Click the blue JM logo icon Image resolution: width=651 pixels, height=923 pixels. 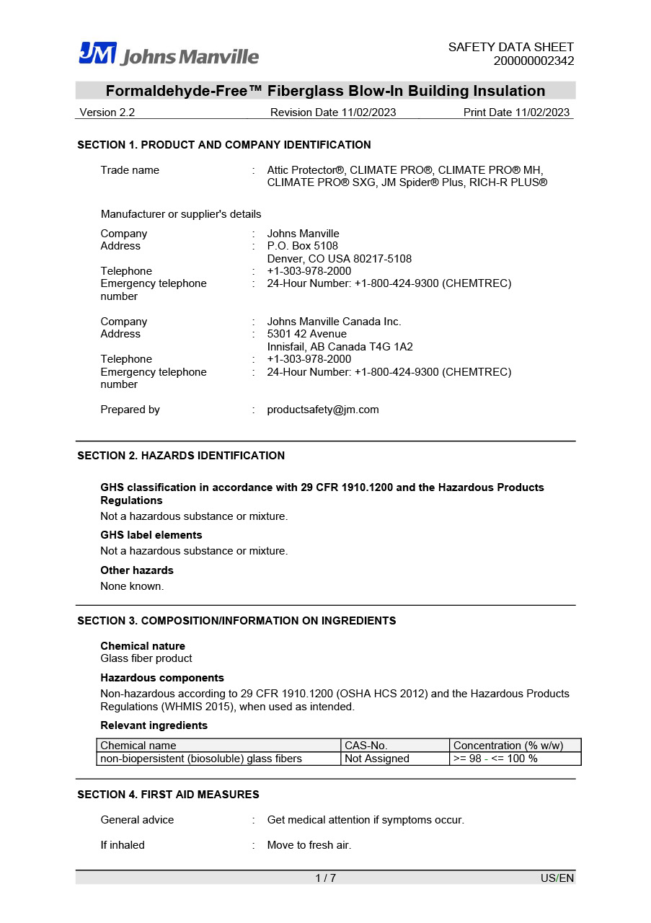point(97,53)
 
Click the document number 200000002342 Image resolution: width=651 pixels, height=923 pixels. point(533,61)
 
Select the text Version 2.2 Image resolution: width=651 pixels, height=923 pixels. point(107,112)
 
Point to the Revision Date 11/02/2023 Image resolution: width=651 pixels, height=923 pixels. point(333,112)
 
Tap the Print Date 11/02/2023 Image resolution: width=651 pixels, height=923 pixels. point(516,112)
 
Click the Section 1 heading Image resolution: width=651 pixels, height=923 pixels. point(224,145)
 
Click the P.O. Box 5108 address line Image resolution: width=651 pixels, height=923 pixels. point(302,246)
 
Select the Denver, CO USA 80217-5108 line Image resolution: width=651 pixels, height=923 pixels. point(339,259)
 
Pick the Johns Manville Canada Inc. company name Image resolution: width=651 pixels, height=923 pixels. point(334,322)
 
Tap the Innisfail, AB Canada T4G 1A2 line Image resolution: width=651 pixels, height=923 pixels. point(340,347)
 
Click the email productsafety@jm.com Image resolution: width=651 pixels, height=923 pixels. point(322,410)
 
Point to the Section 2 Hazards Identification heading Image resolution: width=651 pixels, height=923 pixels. point(181,456)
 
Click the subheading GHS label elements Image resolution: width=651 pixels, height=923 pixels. point(151,535)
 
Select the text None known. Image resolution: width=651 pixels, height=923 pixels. point(132,586)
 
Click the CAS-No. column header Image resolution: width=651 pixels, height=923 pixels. point(366,746)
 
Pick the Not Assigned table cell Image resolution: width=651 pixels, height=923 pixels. point(377,759)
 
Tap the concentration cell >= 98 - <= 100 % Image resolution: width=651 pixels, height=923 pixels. point(495,759)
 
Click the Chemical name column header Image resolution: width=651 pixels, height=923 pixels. point(138,746)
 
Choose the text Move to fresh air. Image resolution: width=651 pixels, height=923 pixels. point(309,845)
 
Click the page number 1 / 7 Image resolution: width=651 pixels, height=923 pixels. point(325,878)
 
